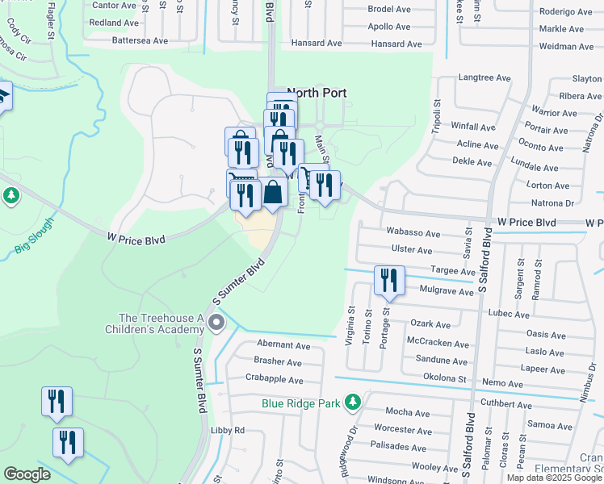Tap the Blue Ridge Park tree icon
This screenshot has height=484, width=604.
(x=352, y=401)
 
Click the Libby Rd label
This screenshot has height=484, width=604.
(x=228, y=430)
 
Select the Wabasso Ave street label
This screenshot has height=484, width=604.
(x=413, y=234)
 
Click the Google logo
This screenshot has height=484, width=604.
(x=27, y=474)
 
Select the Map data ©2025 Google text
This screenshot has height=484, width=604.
(x=554, y=478)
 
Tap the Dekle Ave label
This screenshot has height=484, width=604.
(x=472, y=162)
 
